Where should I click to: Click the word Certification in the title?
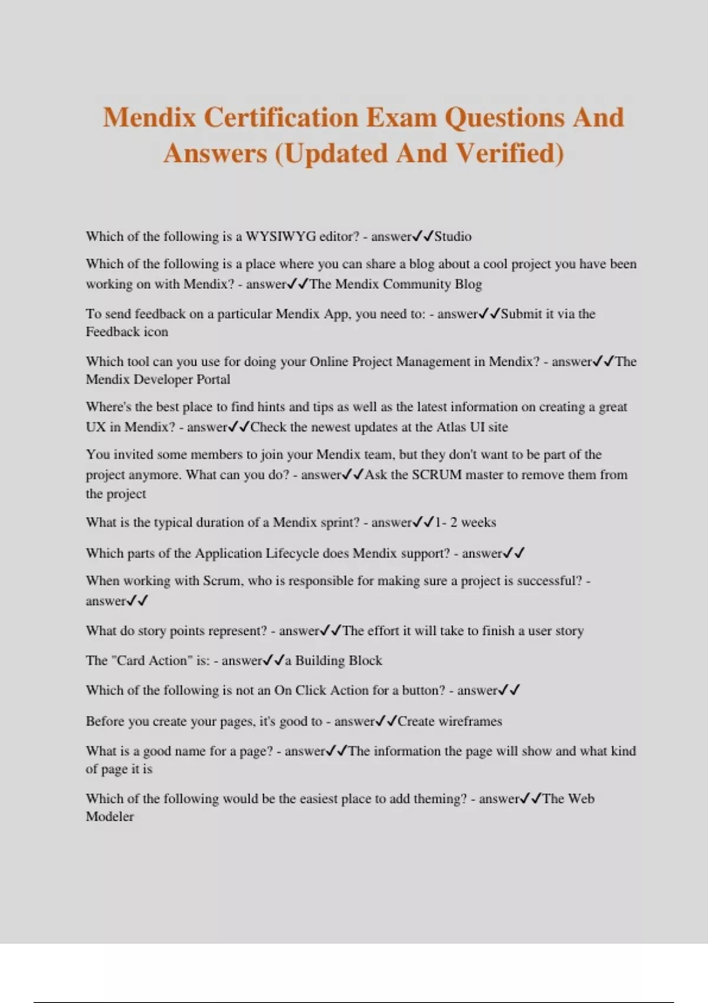tap(281, 117)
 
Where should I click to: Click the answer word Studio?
tap(453, 237)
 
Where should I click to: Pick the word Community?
tap(417, 284)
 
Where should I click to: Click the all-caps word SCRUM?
tap(436, 475)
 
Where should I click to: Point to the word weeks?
tap(478, 523)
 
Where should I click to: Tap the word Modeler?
tap(110, 817)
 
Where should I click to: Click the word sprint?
tap(338, 523)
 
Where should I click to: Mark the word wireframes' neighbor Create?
tap(415, 722)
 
